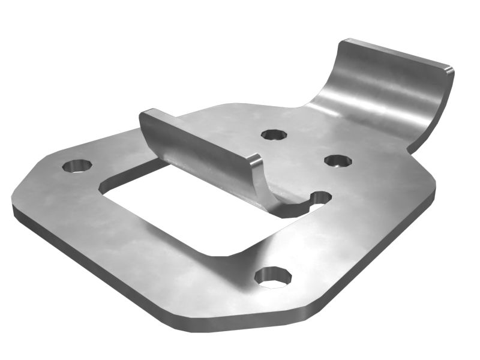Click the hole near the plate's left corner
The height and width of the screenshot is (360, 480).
coord(77,165)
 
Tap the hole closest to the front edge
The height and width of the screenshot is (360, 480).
coord(273,276)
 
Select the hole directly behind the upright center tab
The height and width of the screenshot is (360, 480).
coord(274,134)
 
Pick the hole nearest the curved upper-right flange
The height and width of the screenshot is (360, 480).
coord(338,161)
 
